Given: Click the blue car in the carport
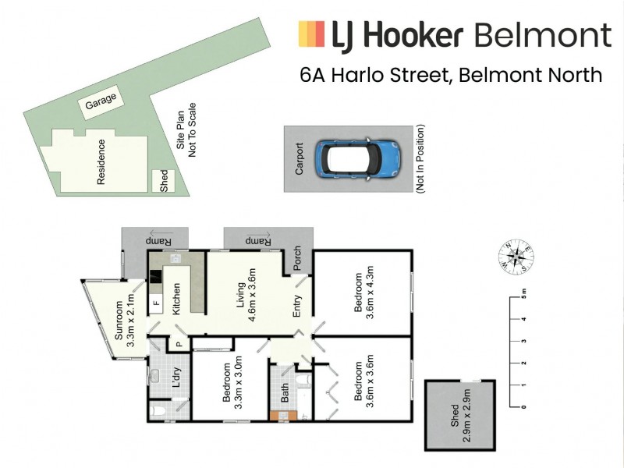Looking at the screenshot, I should pos(357,158).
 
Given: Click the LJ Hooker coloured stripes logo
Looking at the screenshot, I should pos(311,35).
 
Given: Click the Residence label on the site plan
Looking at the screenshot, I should pos(101,161).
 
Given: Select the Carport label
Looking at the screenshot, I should pos(300,158).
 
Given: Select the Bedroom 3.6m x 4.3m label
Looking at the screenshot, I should pos(364,292).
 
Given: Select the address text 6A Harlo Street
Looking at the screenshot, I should pos(376,75).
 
